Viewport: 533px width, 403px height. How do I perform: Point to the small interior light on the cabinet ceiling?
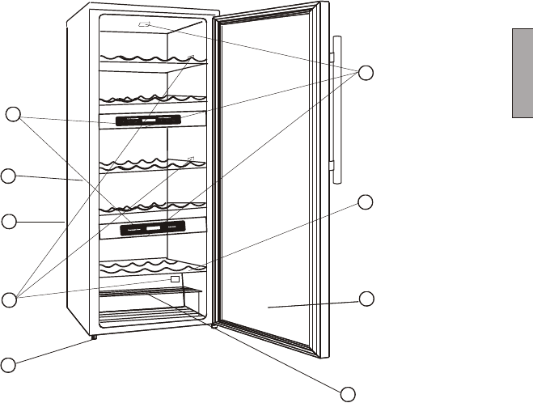pos(146,25)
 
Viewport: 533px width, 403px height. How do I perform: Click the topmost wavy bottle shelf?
pos(150,60)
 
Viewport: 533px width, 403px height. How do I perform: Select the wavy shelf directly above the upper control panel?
pos(150,100)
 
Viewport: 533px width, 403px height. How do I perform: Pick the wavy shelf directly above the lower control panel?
pos(150,208)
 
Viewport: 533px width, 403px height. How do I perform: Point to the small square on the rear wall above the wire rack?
pos(175,279)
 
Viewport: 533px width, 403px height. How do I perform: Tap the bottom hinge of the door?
pos(214,326)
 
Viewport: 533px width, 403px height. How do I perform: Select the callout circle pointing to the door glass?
pos(366,299)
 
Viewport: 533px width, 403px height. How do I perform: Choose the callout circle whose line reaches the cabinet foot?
pos(8,364)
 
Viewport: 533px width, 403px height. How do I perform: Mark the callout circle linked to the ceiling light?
pos(366,72)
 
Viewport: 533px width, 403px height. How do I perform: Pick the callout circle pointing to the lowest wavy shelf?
pos(366,201)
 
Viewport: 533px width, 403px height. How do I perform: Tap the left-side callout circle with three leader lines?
pos(8,300)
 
